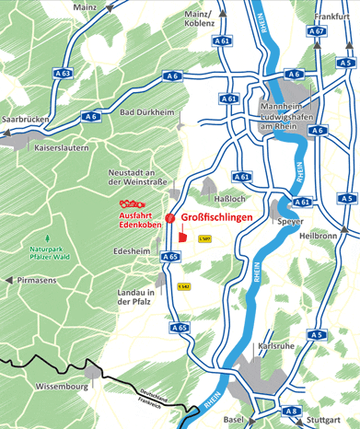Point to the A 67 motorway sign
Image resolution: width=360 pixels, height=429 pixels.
(x=317, y=31)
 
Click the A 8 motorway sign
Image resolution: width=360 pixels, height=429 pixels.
(x=292, y=412)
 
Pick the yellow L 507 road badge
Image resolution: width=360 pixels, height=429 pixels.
(x=204, y=238)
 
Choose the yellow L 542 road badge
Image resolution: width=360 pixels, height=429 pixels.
(x=184, y=286)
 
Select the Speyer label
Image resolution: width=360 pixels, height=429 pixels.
(x=290, y=221)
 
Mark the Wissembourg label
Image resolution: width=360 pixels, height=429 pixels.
(x=61, y=388)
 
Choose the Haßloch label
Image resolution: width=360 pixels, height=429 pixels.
(x=228, y=198)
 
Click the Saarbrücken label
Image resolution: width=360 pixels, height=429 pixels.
(x=25, y=121)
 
